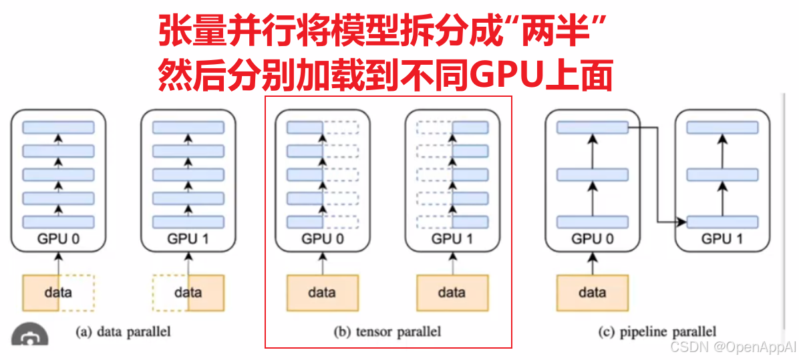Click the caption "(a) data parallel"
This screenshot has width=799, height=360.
(x=123, y=331)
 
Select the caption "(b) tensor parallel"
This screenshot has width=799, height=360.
(x=387, y=331)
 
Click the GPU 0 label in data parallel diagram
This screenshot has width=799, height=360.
(x=58, y=238)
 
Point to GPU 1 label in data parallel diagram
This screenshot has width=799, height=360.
(x=188, y=238)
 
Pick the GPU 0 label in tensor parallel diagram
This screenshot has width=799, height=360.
(x=323, y=238)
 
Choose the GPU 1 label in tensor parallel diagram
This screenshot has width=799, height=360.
(x=452, y=238)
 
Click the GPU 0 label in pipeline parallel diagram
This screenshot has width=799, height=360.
(x=592, y=238)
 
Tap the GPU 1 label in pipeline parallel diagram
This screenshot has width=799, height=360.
(x=722, y=238)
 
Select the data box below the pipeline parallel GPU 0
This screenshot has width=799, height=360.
(x=592, y=293)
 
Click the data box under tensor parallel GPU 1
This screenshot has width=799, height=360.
(x=452, y=293)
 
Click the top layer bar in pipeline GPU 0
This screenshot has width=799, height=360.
(x=592, y=127)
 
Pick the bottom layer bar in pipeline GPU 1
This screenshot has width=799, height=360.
(x=722, y=222)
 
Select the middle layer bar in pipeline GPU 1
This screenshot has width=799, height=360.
(x=722, y=174)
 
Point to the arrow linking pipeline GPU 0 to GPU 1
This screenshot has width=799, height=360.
(x=658, y=174)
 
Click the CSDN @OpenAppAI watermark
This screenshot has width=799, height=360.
(x=734, y=347)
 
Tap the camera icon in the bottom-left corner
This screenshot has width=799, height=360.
(x=29, y=337)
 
